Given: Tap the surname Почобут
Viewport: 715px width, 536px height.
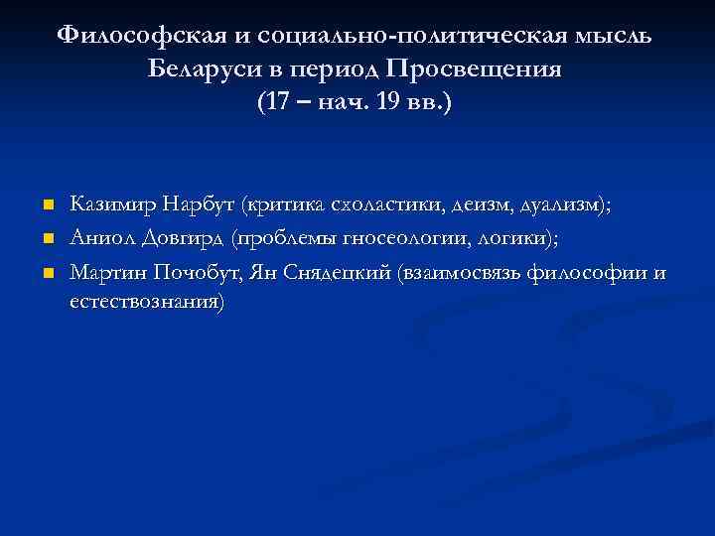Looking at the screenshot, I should pos(190,272).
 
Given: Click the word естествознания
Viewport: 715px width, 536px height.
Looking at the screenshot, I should pos(147,301).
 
